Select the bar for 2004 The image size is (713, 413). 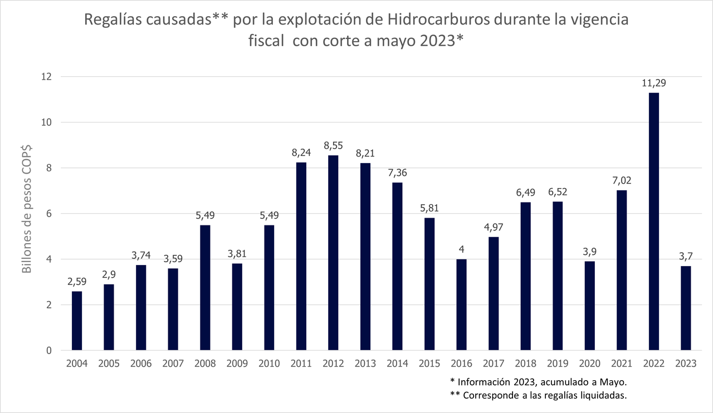click(77, 321)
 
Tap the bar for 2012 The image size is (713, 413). click(333, 253)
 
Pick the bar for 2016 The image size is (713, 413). click(461, 304)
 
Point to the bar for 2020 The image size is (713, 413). click(589, 306)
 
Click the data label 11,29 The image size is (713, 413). click(653, 83)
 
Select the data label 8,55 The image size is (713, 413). click(333, 146)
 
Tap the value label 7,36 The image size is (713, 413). click(397, 173)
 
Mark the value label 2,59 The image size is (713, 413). click(77, 282)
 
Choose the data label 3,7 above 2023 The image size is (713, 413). click(685, 257)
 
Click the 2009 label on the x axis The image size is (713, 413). click(237, 363)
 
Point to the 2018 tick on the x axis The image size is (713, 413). click(525, 363)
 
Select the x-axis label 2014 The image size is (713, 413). click(397, 363)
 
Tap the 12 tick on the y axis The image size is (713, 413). click(46, 77)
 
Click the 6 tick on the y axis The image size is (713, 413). click(49, 214)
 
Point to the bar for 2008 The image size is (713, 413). click(205, 288)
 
